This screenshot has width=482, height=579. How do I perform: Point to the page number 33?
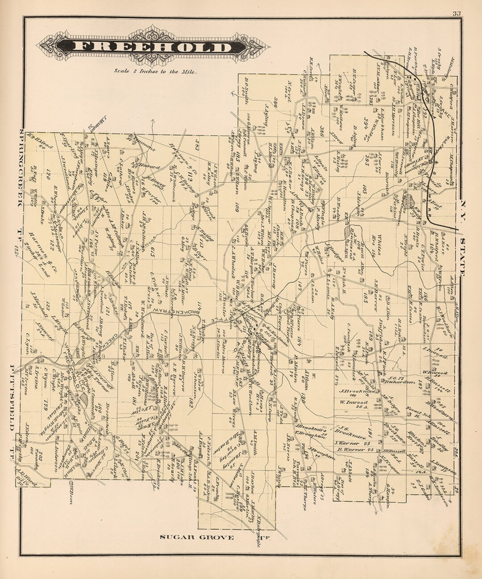(456, 13)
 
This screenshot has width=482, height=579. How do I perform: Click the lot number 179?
(44, 404)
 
